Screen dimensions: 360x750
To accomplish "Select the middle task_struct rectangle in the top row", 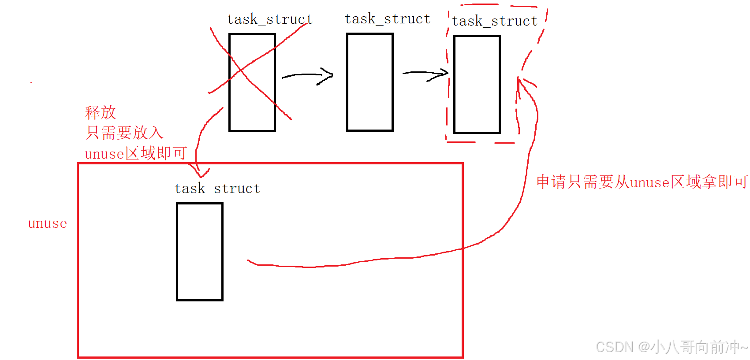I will point(369,82).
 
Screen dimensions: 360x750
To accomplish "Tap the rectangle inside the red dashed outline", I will point(477,84).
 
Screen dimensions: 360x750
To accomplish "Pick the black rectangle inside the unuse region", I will point(200,252).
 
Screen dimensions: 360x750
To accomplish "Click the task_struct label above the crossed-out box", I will point(269,19).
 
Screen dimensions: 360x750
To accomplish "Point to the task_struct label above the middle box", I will point(387,19).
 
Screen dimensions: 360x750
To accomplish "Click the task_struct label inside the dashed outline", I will point(494,21).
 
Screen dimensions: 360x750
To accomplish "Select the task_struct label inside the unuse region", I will point(217,189).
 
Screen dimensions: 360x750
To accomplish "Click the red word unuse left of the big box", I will point(47,223).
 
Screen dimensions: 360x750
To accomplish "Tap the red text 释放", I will point(101,113).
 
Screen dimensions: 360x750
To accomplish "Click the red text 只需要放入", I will point(124,133).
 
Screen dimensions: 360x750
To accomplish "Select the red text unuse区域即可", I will point(135,153).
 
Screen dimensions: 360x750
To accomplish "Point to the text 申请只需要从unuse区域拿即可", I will point(642,182).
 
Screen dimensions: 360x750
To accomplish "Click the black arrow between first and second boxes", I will point(307,76).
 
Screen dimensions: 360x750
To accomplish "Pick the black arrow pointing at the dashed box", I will point(426,74).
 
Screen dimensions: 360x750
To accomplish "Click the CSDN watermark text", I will point(671,347).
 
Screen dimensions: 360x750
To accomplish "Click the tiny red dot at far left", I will point(31,82).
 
